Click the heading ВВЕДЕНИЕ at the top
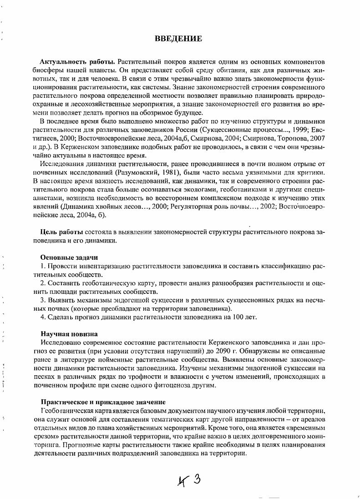178,39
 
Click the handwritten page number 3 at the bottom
197,480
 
